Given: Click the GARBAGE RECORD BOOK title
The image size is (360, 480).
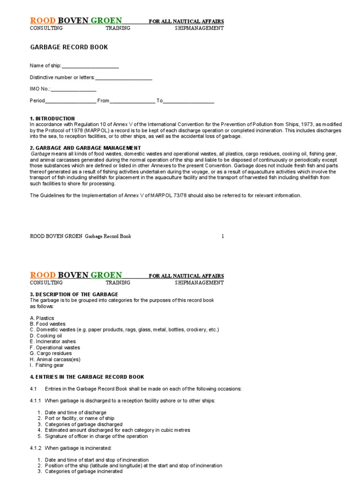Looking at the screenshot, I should point(69,47).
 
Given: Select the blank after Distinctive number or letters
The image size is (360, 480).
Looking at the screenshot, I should point(124,78).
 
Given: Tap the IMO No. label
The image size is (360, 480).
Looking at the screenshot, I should point(40,89).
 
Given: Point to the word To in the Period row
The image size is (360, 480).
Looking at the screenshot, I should point(159,101).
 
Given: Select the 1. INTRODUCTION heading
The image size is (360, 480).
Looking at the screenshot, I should point(52,119).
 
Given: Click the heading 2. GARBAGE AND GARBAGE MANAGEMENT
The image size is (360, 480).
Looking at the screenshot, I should point(85,148).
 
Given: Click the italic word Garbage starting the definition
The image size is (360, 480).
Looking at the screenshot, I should point(41,154).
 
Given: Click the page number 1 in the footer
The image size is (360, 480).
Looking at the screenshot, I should point(223,236).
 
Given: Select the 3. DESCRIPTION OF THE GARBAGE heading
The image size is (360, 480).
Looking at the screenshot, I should point(74,294).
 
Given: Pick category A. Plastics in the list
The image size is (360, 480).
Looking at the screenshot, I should point(42,318).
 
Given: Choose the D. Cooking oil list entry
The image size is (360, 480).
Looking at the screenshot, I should point(46,336).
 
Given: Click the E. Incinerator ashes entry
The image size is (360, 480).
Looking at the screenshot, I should point(52,342).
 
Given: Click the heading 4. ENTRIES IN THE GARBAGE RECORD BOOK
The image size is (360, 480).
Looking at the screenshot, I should point(87,377).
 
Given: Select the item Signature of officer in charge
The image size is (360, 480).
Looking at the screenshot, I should point(96,436).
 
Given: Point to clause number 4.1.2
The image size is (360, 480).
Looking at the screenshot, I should point(35,448).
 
